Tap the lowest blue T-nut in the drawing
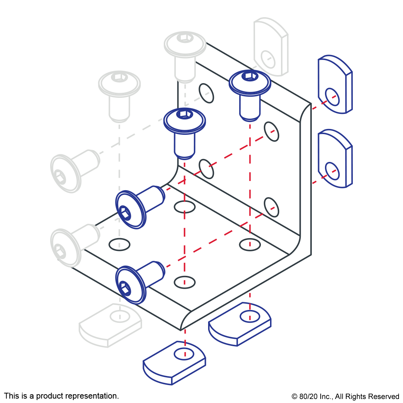tap(174, 363)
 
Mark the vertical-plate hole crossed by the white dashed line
tap(206, 93)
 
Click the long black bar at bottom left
tap(61, 396)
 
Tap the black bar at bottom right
tap(345, 397)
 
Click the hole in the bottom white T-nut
tap(120, 316)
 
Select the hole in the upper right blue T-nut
tap(332, 97)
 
